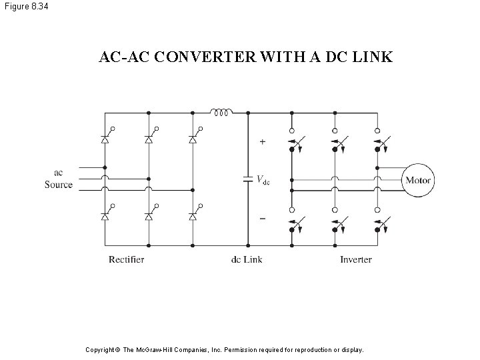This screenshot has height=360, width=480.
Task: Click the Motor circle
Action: pos(418,180)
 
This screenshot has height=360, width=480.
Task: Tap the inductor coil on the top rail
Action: pos(221,112)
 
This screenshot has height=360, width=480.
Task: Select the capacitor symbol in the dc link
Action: pos(248,179)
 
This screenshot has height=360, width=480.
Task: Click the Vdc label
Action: pos(263,179)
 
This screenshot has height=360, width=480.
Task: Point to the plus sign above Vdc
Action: pos(262,142)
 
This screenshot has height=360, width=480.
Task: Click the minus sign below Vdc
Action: pos(262,219)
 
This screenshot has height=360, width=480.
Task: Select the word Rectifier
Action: pos(126,259)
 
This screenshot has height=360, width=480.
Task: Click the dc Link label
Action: pos(247,259)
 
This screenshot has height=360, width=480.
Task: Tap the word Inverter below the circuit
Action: pos(356,259)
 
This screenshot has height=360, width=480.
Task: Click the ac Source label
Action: pos(59,179)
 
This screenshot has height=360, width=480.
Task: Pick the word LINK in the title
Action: pos(374,58)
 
